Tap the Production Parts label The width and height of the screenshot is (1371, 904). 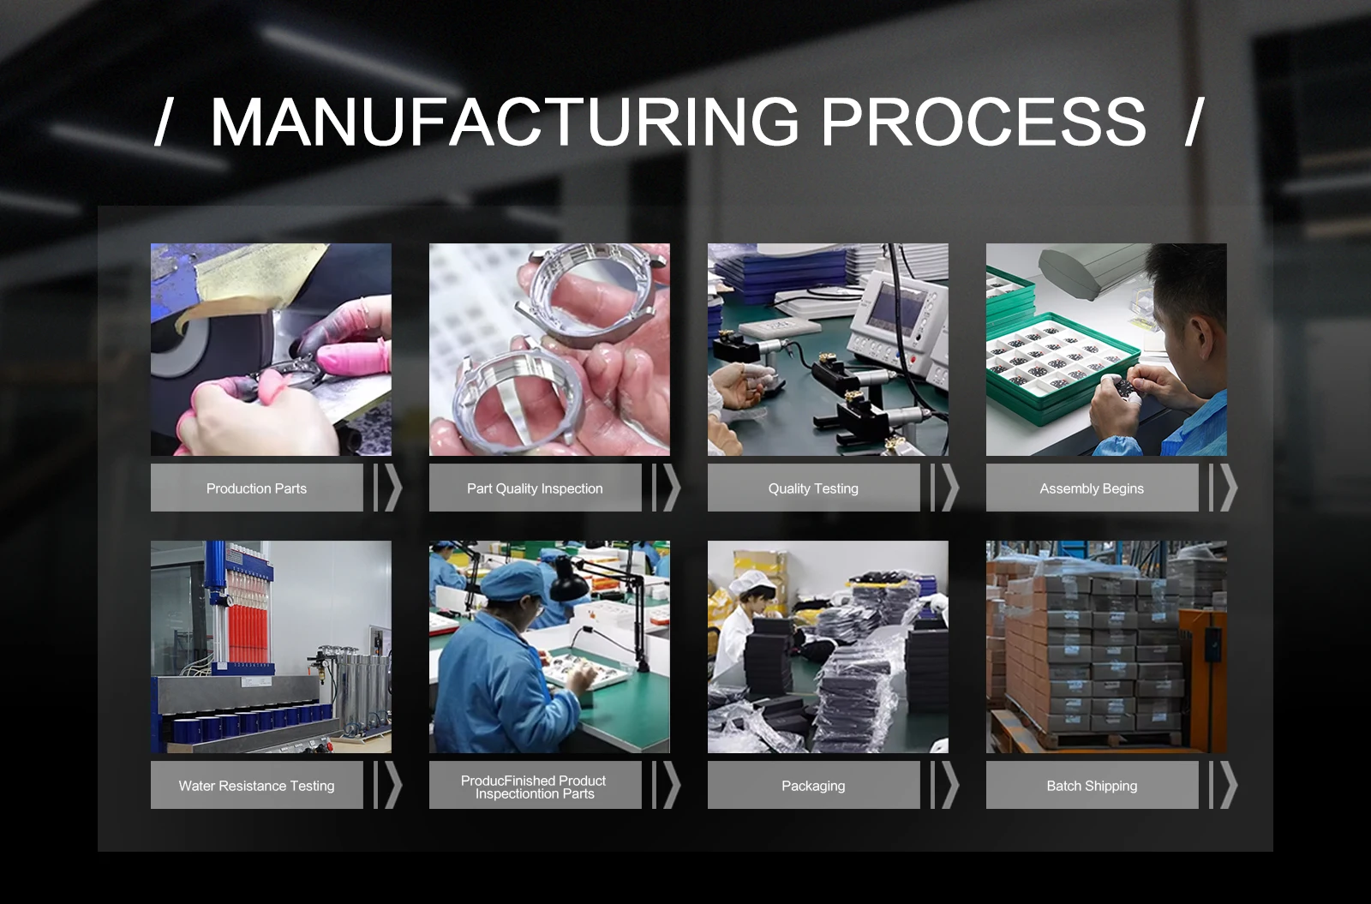256,488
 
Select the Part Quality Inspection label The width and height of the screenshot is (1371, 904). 535,488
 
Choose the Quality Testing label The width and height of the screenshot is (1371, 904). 813,488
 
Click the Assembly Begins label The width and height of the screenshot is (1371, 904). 1092,488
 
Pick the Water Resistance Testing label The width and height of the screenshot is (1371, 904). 256,785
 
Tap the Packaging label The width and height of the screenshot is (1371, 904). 813,785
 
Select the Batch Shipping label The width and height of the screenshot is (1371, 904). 1092,785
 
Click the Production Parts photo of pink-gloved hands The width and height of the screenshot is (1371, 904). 271,350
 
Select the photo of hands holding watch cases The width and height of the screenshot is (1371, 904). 549,350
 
